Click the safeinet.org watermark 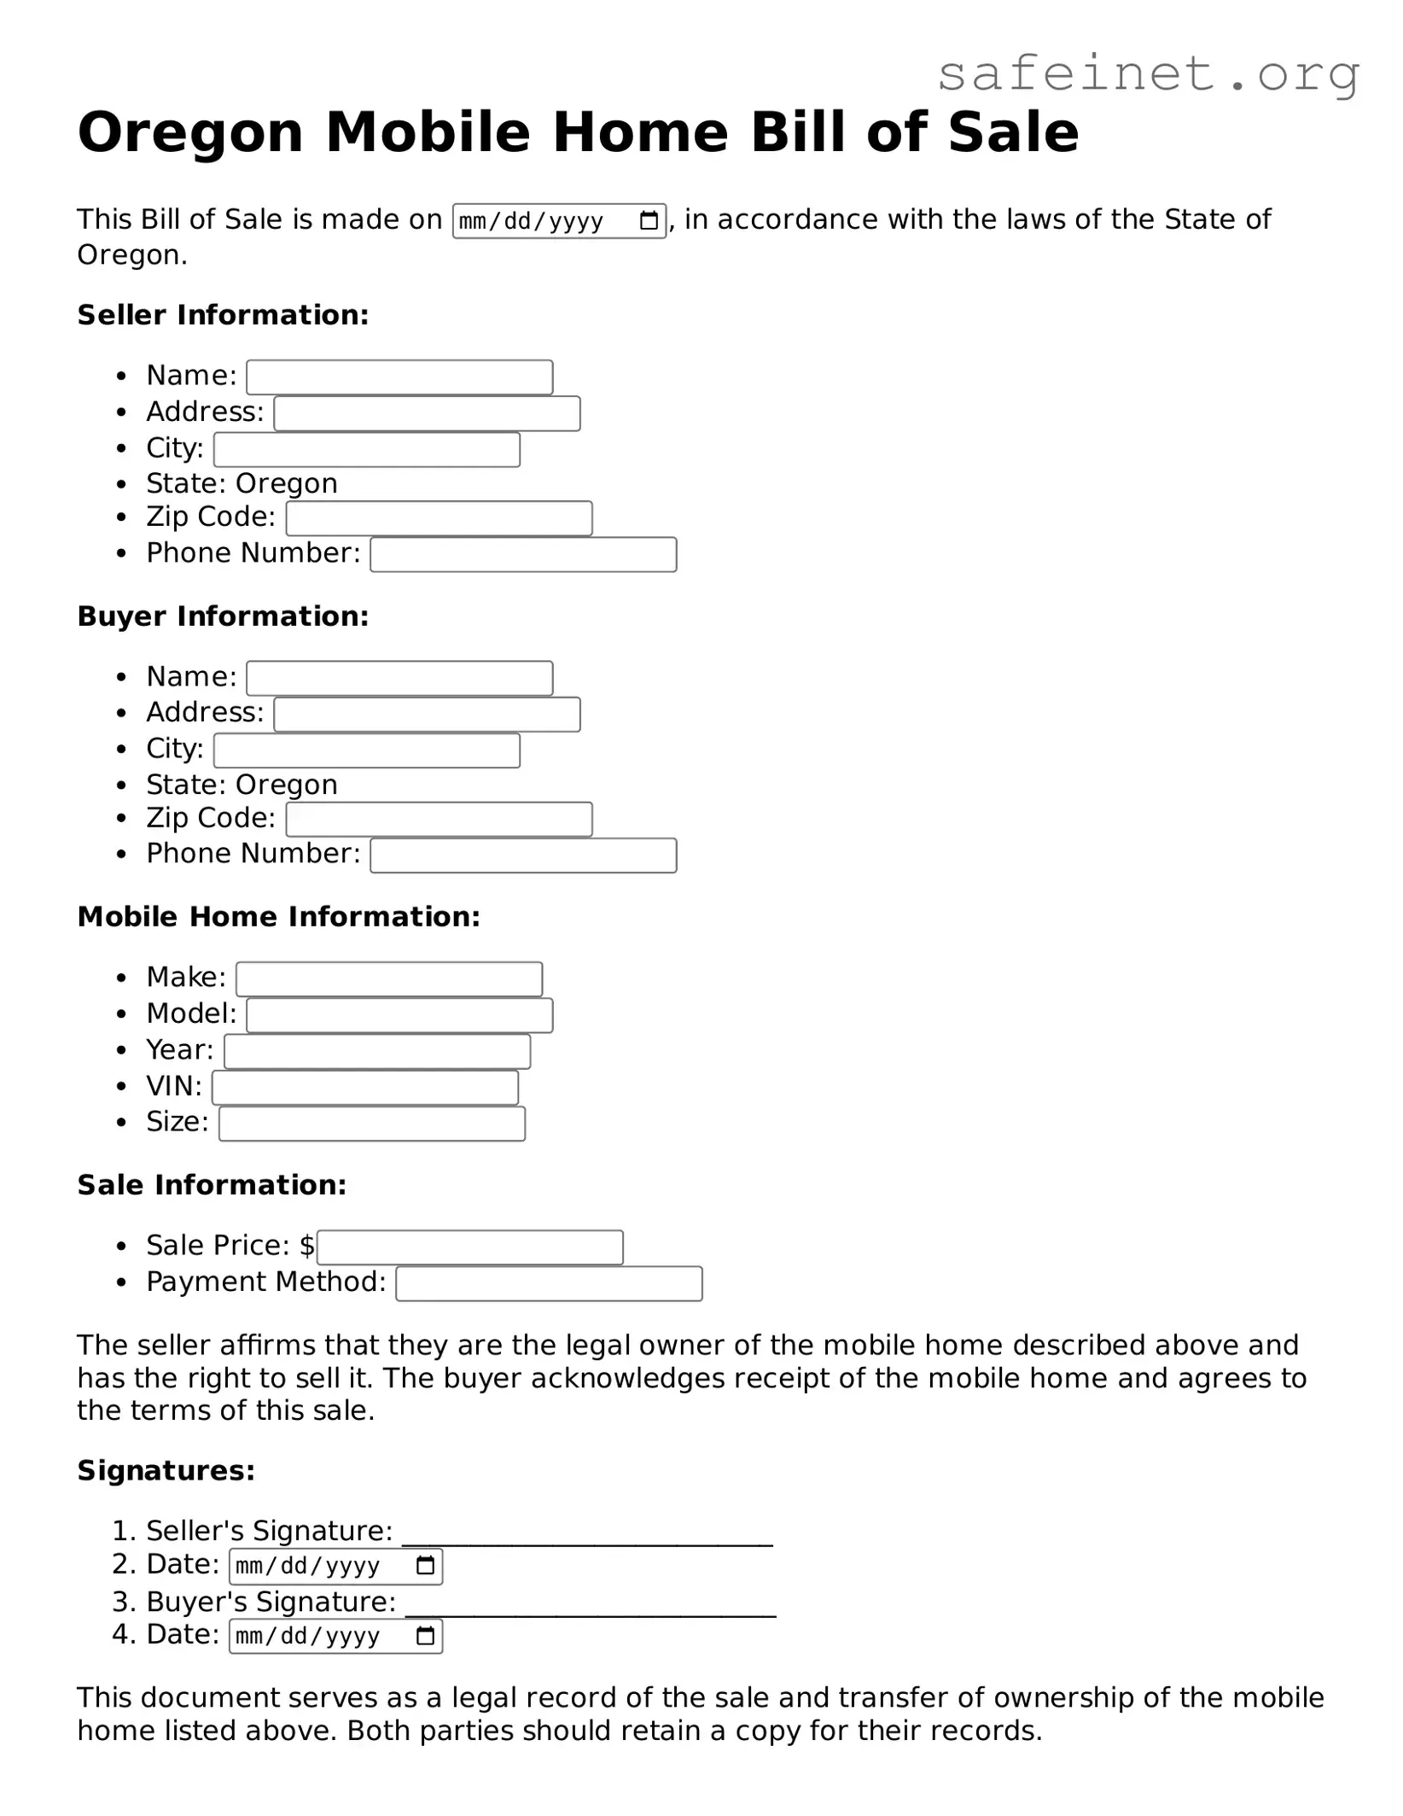1148,74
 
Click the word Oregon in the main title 190,132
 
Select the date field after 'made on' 559,221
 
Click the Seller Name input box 399,377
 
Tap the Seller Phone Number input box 523,555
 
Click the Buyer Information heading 223,616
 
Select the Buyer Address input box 427,715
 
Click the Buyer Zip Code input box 439,820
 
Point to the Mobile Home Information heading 278,917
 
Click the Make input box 389,979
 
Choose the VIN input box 365,1088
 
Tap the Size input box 372,1124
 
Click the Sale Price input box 470,1247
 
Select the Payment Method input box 549,1284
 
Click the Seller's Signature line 587,1536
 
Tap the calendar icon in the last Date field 425,1637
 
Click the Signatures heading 166,1471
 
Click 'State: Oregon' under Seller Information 242,484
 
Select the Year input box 377,1052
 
